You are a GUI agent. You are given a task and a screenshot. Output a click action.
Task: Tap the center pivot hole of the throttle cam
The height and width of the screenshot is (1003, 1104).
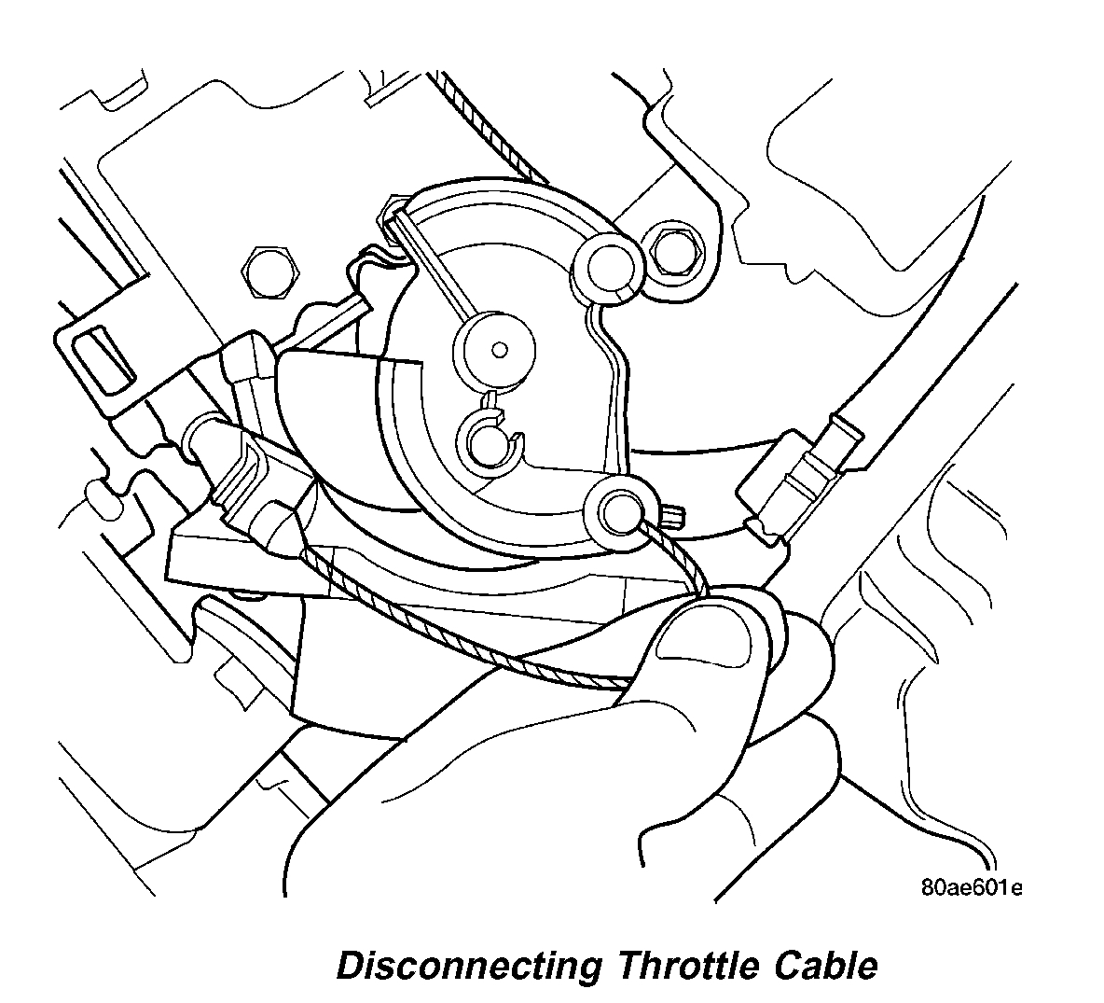[501, 350]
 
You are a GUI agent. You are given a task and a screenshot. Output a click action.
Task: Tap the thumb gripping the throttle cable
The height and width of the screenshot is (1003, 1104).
[718, 653]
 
